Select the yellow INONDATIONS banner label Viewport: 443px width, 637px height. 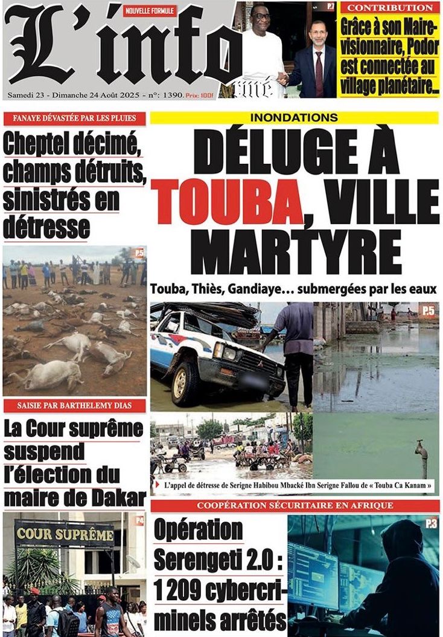(295, 118)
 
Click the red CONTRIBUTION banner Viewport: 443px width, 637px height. (390, 8)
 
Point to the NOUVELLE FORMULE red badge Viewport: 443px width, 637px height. (150, 10)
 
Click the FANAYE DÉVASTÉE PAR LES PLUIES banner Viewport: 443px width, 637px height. (75, 118)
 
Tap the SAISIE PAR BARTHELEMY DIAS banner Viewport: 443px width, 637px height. (75, 406)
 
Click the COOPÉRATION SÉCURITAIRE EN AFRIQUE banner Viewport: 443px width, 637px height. (295, 505)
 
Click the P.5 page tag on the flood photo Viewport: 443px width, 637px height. (428, 311)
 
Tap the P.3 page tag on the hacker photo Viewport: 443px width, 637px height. (430, 524)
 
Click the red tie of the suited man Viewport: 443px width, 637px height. (319, 73)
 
